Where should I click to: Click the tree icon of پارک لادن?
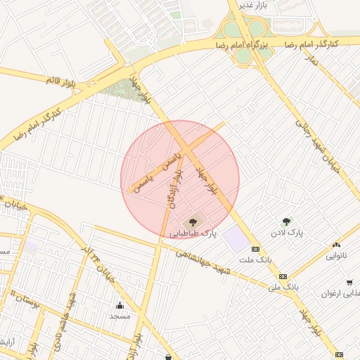tap(286, 221)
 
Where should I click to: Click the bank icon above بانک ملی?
tap(283, 276)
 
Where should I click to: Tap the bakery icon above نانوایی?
tap(335, 245)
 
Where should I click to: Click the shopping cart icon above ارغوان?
tap(349, 283)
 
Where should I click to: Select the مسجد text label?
tap(120, 316)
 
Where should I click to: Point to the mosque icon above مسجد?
tap(120, 305)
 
